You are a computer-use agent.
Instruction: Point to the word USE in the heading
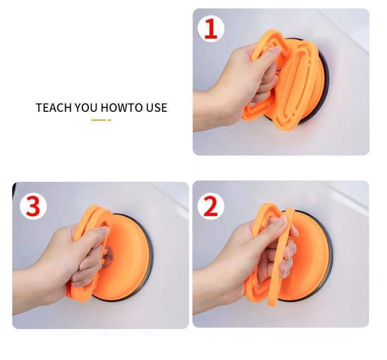(156, 108)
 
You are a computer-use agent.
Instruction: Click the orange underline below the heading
(101, 120)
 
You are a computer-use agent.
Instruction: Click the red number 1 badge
(211, 29)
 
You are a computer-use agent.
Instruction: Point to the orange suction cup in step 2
(289, 255)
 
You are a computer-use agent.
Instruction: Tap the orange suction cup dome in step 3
(124, 257)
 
